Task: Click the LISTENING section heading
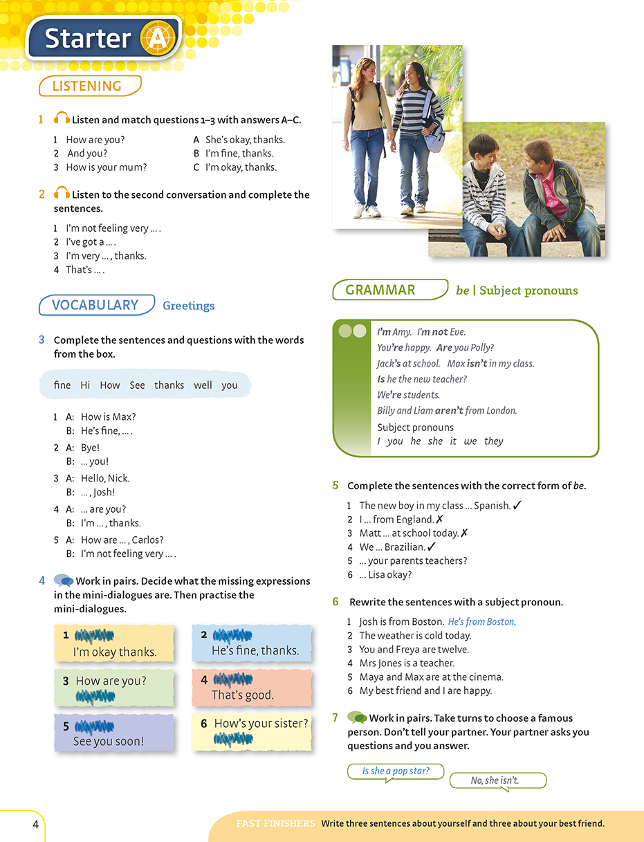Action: [88, 86]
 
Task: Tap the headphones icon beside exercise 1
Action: [62, 119]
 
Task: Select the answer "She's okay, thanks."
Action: [245, 140]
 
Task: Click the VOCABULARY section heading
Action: [95, 305]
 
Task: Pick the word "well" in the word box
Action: [203, 385]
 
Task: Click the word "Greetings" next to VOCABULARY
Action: [189, 306]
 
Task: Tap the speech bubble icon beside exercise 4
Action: [64, 580]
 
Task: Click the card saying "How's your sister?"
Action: [252, 731]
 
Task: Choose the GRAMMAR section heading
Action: [380, 290]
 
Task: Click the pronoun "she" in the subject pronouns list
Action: [435, 441]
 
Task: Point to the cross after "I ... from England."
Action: [440, 519]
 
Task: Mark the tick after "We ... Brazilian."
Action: [432, 547]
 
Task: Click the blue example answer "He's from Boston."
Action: [481, 621]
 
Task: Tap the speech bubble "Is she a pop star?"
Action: [396, 771]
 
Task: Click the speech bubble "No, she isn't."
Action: [495, 780]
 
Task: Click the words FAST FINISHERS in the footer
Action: [275, 823]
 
